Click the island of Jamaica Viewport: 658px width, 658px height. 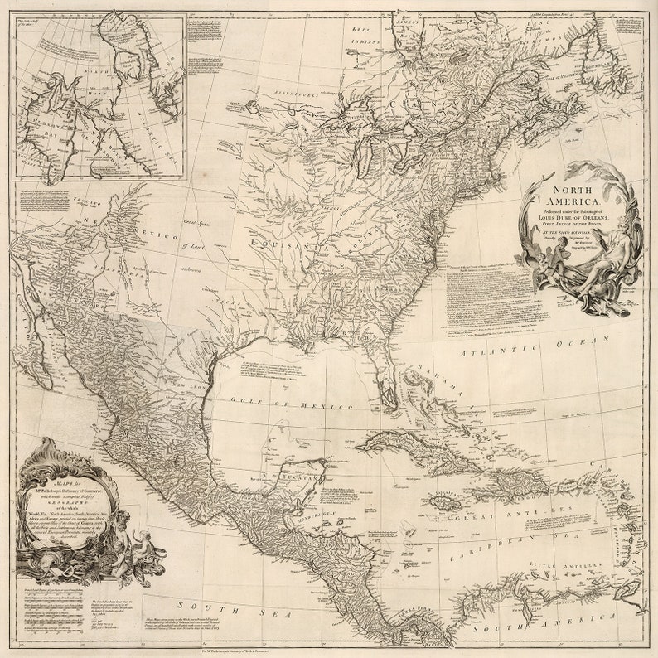pyautogui.click(x=443, y=502)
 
